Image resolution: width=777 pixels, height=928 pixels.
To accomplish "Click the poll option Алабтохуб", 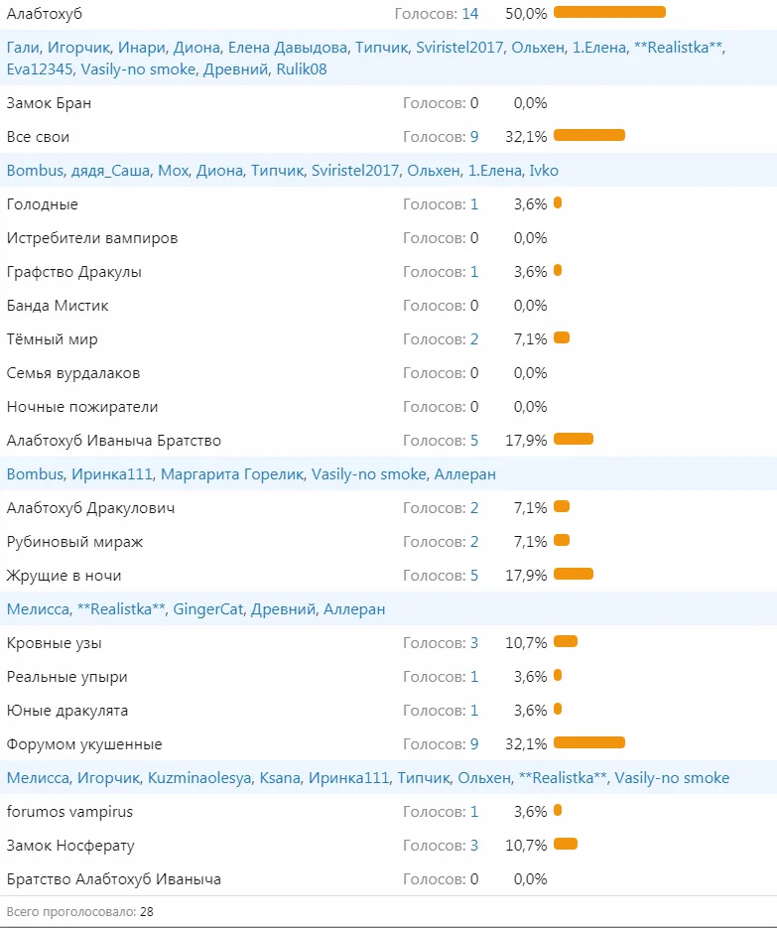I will click(44, 14).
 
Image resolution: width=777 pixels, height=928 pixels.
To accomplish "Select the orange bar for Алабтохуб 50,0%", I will click(609, 12).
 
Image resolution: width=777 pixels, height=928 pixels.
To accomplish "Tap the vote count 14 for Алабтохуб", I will click(469, 14).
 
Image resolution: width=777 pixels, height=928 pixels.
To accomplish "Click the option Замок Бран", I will click(49, 103).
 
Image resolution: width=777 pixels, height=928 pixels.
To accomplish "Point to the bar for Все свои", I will click(589, 135).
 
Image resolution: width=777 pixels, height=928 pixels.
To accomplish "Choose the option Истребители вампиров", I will click(92, 238).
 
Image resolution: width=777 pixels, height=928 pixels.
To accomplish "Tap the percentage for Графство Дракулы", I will click(530, 272).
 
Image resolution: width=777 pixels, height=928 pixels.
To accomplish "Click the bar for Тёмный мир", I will click(562, 337).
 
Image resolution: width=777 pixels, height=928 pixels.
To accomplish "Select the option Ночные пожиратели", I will click(82, 407).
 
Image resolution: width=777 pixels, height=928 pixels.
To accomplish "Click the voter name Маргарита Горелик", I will click(235, 474).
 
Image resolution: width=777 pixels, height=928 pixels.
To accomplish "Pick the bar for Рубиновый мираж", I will click(562, 540).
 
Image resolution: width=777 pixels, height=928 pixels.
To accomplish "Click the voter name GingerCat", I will click(208, 609).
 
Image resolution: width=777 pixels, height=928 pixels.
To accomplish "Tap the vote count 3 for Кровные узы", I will click(474, 643).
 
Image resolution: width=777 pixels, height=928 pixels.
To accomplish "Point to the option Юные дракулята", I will click(67, 711).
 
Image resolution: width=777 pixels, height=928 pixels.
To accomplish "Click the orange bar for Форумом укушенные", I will click(589, 742).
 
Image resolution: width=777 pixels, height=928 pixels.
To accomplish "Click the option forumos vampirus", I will click(69, 812).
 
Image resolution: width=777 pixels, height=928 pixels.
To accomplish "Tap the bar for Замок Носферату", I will click(566, 844).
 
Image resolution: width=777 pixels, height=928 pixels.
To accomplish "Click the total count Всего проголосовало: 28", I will click(79, 911).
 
